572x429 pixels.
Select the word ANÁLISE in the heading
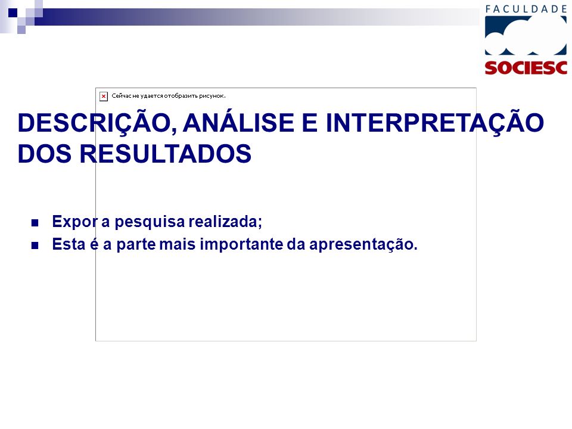238,123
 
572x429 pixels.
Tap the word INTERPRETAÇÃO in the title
434,123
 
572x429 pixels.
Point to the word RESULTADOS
166,154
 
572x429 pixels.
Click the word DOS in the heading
45,154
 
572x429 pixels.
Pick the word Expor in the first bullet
75,222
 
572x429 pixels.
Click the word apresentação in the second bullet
363,244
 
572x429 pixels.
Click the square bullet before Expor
35,222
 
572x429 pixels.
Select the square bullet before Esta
35,245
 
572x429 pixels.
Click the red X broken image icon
104,97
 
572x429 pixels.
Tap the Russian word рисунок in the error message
212,96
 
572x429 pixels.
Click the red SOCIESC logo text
526,68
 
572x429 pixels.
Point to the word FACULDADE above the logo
526,9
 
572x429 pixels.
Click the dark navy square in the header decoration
13,13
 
